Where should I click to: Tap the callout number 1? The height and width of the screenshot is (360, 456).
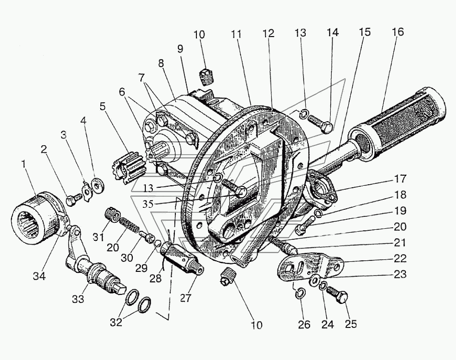24,164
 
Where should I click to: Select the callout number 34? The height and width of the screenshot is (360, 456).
39,276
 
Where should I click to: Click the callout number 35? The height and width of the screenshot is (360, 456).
148,204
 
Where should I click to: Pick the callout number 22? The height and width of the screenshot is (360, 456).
400,258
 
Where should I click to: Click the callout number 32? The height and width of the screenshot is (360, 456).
116,322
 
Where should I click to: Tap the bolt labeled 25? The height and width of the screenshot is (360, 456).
337,293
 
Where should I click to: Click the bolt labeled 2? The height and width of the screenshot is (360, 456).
74,200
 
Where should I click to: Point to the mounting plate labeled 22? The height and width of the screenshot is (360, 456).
311,268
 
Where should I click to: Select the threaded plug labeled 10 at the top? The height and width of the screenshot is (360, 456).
207,77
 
